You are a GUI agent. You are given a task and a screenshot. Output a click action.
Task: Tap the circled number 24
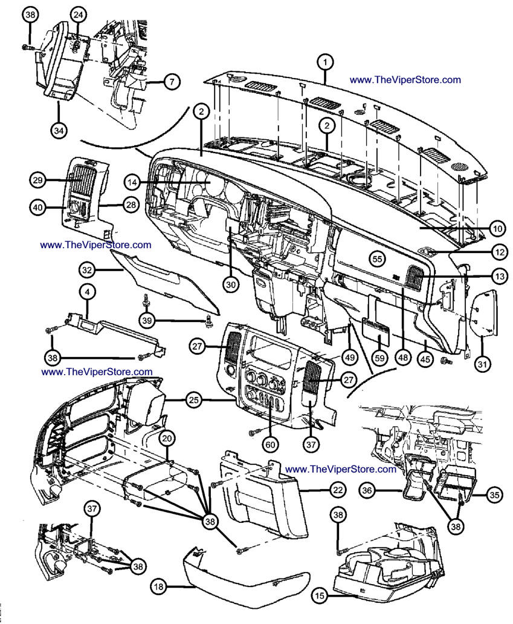click(78, 14)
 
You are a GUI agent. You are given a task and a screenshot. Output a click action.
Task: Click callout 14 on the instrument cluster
click(133, 181)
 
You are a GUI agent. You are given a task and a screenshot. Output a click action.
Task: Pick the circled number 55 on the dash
click(378, 258)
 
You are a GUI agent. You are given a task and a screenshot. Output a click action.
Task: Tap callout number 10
click(497, 229)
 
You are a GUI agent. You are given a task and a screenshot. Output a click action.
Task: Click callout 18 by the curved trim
click(158, 586)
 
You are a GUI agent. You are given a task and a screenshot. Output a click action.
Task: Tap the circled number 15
click(320, 596)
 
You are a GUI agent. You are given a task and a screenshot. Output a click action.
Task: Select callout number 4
click(87, 292)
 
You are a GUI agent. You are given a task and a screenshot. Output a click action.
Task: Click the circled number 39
click(145, 320)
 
